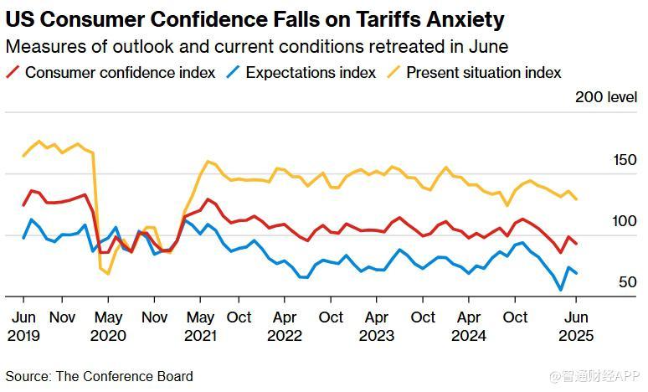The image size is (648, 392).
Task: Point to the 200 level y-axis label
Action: pyautogui.click(x=605, y=97)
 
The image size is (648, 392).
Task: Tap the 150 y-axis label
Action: pyautogui.click(x=625, y=160)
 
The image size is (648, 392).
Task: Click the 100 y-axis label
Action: pyautogui.click(x=625, y=221)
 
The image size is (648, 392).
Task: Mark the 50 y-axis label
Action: pyautogui.click(x=628, y=282)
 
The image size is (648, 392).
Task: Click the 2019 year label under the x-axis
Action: pyautogui.click(x=23, y=336)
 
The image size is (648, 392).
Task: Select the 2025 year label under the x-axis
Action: pyautogui.click(x=576, y=336)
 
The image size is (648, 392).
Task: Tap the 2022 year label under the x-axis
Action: pyautogui.click(x=285, y=336)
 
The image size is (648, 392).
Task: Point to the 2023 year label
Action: pyautogui.click(x=377, y=336)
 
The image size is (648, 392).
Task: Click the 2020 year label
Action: pyautogui.click(x=108, y=336)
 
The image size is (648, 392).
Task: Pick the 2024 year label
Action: pyautogui.click(x=469, y=336)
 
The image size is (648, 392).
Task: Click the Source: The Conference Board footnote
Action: pyautogui.click(x=100, y=376)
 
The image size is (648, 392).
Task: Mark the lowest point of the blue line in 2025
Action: pyautogui.click(x=561, y=291)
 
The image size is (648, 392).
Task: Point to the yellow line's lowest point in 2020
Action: pyautogui.click(x=108, y=273)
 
